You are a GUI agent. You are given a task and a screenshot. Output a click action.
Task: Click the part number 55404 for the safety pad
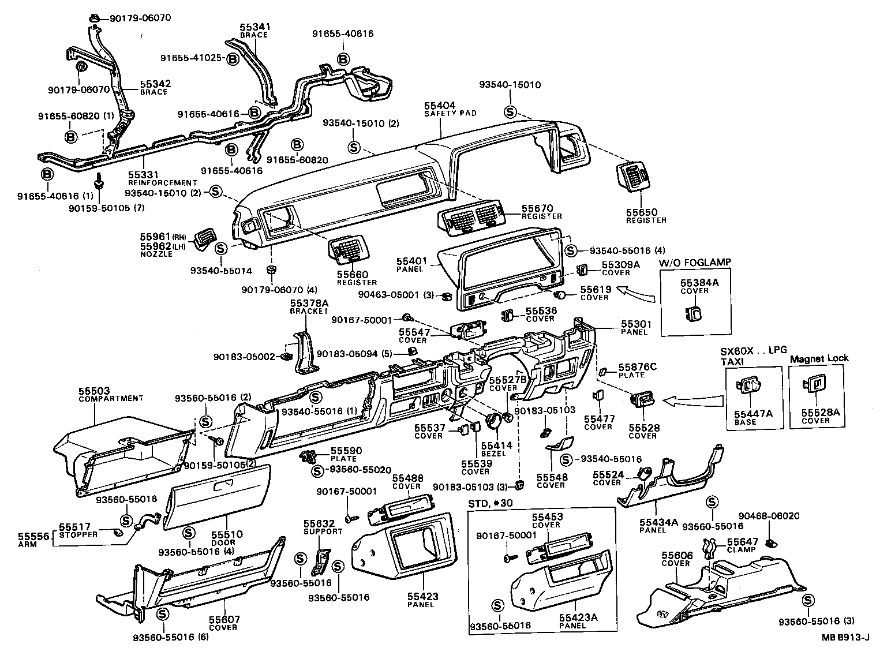coord(439,106)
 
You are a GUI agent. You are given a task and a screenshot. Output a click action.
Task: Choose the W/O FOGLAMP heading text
coord(695,262)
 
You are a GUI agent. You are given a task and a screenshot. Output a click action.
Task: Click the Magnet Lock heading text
coord(819,358)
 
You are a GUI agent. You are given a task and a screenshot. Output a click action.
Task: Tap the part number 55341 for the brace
coord(255,27)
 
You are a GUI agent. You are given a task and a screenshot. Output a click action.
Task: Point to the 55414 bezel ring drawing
coord(495,422)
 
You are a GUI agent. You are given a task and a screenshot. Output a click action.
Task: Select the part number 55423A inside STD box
coord(578,617)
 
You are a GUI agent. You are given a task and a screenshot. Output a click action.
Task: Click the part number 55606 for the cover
coord(675,555)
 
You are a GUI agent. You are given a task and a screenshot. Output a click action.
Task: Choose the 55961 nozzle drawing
coord(202,239)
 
